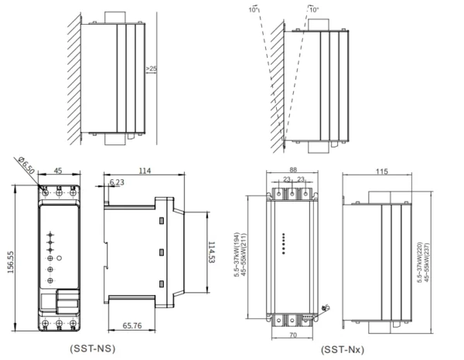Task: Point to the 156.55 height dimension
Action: (x=10, y=262)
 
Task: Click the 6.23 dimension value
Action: (x=118, y=182)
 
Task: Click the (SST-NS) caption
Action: (x=92, y=348)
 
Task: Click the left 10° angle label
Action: (x=254, y=11)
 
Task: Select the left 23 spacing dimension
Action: (x=285, y=179)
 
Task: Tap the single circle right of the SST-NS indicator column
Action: (x=60, y=256)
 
